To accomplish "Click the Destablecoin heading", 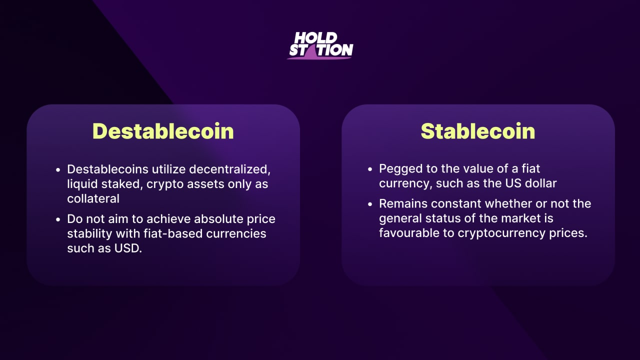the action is [x=163, y=131].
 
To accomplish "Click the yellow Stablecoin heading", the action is [x=477, y=131].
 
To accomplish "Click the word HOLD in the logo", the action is [x=315, y=37].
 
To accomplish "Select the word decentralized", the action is [x=229, y=169].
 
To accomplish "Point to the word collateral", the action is [x=93, y=198].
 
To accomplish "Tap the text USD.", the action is [x=128, y=248].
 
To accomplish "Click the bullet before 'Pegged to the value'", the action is [x=370, y=169].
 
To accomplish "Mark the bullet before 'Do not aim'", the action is [x=58, y=219].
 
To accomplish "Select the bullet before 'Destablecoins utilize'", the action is [x=58, y=169].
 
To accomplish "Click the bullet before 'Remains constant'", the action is [x=370, y=204].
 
